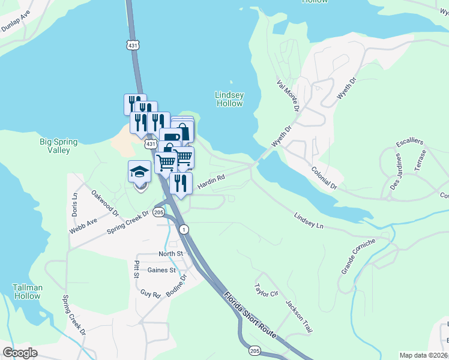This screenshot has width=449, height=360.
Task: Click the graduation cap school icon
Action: [x=139, y=173]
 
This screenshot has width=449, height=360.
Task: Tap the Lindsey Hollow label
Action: [x=229, y=99]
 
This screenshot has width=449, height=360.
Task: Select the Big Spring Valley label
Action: [x=58, y=146]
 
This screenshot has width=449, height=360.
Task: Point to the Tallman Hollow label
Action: [x=27, y=292]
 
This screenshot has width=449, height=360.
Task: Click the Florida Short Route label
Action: [x=250, y=315]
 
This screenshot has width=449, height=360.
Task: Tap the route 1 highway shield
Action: [x=184, y=229]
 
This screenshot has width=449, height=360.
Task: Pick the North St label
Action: [x=170, y=254]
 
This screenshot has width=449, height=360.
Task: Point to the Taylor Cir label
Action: [x=266, y=293]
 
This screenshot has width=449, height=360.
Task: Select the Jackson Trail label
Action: [x=299, y=316]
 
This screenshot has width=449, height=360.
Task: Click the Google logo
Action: [x=20, y=353]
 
